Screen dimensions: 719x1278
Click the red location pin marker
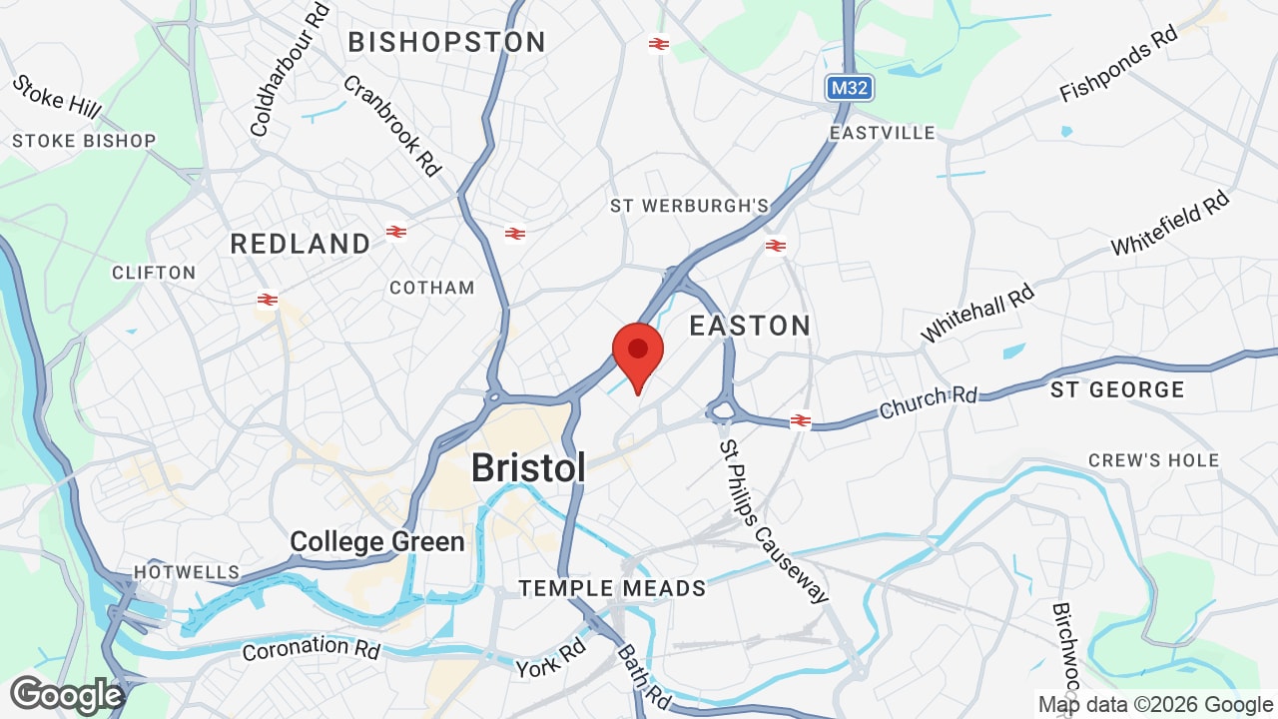point(638,352)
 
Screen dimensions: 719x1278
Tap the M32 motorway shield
point(849,88)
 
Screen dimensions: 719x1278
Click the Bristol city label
point(527,467)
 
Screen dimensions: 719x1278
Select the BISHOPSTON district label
point(446,42)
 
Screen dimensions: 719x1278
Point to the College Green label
point(377,542)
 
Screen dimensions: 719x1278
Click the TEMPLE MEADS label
point(612,588)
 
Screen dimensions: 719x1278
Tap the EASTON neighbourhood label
point(750,326)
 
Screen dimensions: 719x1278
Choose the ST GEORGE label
point(1117,389)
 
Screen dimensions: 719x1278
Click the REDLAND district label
point(300,244)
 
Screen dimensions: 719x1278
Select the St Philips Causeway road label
point(774,521)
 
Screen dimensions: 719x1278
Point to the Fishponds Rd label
point(1118,64)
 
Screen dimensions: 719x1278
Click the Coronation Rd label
point(312,648)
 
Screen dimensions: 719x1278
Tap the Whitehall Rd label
point(977,312)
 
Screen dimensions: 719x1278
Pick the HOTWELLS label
point(187,572)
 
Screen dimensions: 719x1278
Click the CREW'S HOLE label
point(1153,460)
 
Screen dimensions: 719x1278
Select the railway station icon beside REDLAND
point(396,232)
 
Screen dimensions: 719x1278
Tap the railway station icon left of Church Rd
point(800,421)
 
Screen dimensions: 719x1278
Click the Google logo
point(66,695)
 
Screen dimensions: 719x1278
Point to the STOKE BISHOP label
point(84,141)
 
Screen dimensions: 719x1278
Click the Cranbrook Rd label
point(392,125)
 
